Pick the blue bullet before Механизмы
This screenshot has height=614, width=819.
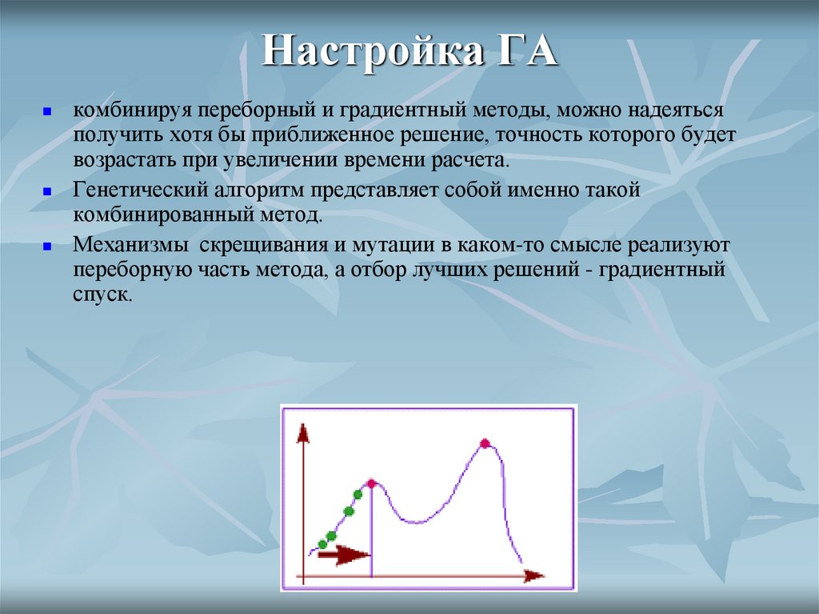coord(47,246)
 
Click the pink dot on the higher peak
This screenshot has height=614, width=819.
coord(485,443)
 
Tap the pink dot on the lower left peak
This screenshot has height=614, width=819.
coord(371,483)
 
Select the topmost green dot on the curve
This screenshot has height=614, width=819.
coord(357,495)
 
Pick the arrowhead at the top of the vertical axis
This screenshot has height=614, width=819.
coord(302,433)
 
